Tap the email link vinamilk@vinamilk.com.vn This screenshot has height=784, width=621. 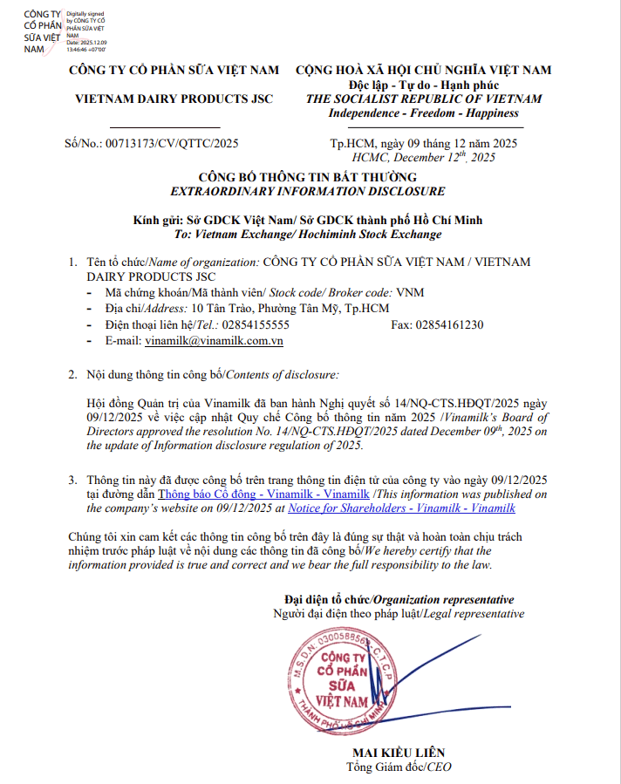coord(215,341)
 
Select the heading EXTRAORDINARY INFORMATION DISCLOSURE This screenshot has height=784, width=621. coord(308,191)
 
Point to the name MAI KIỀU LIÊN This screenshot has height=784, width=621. coord(399,753)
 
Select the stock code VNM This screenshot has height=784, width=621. coord(409,293)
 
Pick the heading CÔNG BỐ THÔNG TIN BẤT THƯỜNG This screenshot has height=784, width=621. coord(308,177)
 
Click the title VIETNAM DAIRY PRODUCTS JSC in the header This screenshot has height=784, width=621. coord(174,99)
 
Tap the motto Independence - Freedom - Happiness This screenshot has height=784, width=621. coord(423,113)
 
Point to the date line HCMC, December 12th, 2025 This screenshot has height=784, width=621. coord(424,157)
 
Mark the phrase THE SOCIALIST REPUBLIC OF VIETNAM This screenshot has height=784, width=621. coord(423,99)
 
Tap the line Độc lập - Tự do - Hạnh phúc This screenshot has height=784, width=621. coord(423,85)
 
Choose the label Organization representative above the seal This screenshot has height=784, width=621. coord(445,599)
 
